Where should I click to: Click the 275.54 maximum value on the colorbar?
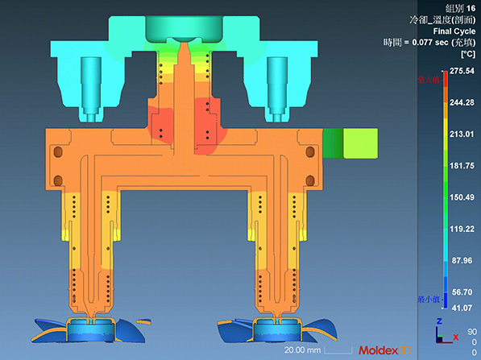point(461,72)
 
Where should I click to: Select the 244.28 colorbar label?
point(461,103)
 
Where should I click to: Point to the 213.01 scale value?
point(461,134)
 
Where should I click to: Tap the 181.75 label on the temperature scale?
point(461,165)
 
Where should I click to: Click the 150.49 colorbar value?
point(461,197)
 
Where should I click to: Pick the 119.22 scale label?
point(461,229)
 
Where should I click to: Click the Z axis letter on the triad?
point(437,321)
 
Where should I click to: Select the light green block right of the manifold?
point(359,144)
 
